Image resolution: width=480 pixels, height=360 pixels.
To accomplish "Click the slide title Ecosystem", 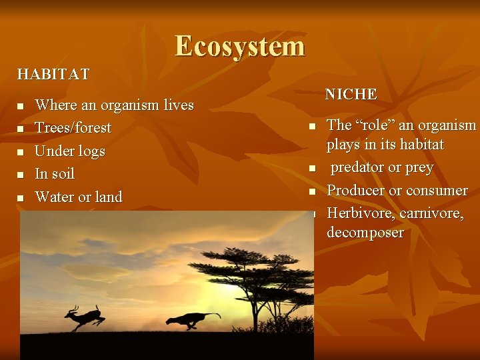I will [240, 47].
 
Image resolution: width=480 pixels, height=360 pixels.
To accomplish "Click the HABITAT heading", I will [53, 73].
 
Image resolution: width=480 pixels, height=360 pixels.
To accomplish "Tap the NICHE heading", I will [351, 95].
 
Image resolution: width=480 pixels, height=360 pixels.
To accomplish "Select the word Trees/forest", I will [73, 127].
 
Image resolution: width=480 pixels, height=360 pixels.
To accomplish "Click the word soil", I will [63, 174].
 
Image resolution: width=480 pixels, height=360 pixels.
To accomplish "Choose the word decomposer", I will [365, 233].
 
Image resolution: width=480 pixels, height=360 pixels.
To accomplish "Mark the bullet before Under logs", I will [21, 152].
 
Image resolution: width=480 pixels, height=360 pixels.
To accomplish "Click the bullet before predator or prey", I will [311, 169].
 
